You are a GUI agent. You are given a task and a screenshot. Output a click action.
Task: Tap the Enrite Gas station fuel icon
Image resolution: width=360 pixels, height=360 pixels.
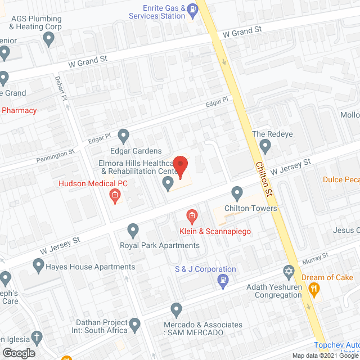193,8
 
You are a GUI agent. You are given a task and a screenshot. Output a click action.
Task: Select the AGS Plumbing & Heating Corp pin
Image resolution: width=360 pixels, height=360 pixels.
49,39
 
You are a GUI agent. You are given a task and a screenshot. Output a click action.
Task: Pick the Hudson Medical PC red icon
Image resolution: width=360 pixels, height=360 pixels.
115,196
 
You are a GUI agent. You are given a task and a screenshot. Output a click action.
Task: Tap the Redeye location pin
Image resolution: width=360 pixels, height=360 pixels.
265,147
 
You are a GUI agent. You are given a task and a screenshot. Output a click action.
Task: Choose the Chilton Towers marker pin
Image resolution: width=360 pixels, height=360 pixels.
237,194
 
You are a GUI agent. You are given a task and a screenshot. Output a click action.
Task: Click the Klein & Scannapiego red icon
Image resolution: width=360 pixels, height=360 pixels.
191,216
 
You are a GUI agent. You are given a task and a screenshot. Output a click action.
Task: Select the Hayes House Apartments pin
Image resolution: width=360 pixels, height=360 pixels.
39,264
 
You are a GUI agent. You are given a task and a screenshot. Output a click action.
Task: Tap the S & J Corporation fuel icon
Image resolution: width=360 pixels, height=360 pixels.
223,281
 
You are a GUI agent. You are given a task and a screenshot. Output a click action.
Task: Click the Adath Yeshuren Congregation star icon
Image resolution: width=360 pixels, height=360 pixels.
289,272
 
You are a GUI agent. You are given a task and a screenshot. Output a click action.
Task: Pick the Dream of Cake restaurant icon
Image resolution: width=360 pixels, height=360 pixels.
315,289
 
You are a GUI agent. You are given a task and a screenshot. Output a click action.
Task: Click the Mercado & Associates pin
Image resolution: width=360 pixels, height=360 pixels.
176,310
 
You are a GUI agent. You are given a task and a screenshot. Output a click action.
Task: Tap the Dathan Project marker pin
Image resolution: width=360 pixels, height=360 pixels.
135,325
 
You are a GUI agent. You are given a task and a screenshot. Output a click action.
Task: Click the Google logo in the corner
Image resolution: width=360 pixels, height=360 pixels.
18,353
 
